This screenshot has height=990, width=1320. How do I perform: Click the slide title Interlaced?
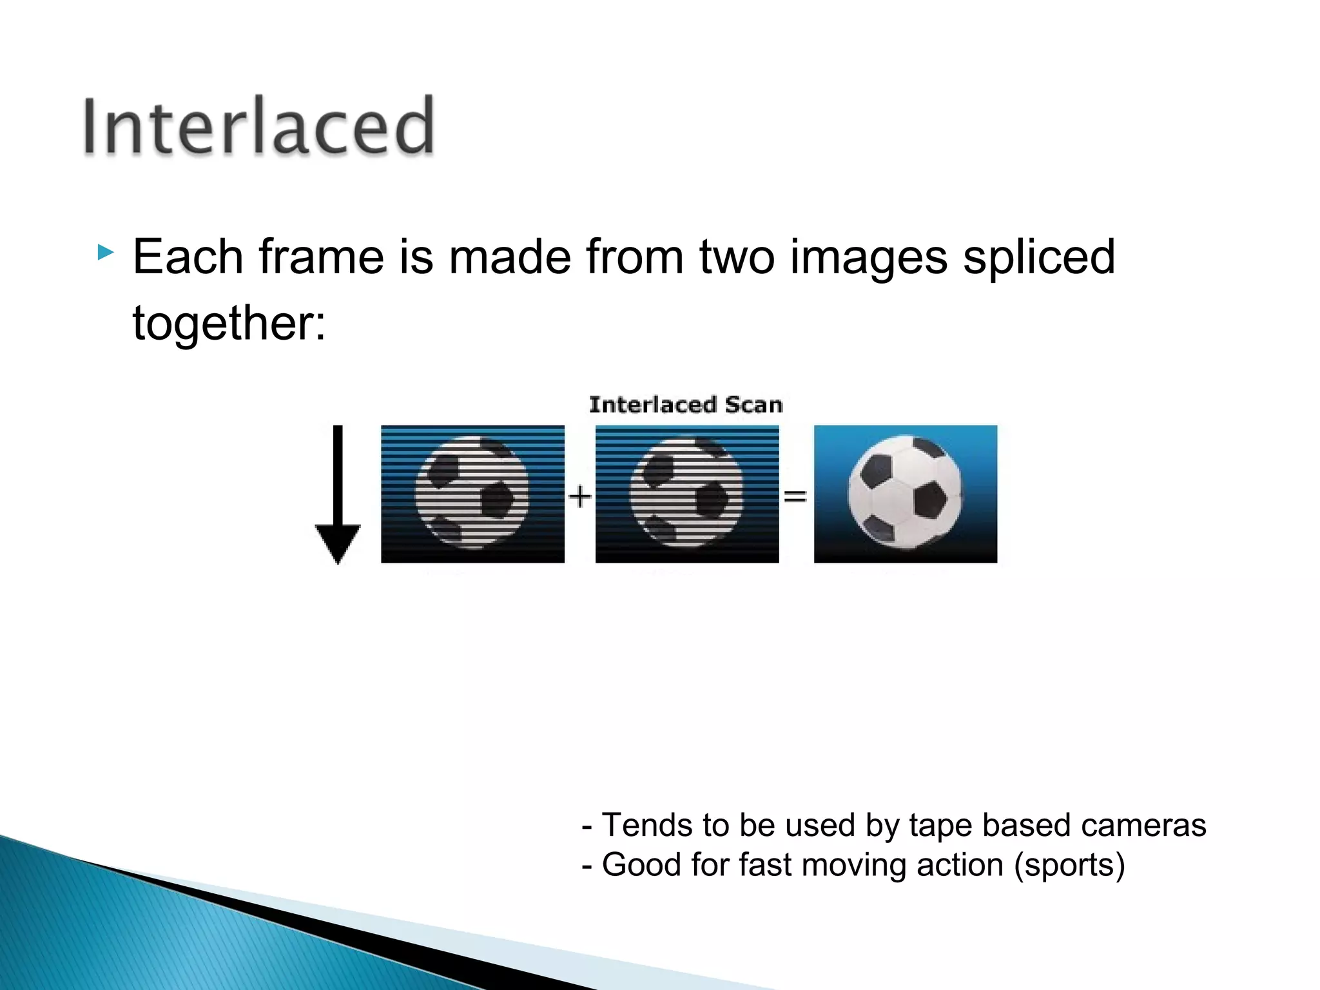pos(258,126)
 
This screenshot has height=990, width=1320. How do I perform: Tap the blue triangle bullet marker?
pos(105,252)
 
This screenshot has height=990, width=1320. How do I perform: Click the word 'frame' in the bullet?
pos(322,257)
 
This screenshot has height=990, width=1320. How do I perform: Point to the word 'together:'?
pos(229,323)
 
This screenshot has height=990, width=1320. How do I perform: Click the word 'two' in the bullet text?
pos(737,257)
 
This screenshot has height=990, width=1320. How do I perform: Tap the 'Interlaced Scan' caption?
pos(686,405)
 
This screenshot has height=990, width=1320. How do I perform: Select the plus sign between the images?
pos(580,496)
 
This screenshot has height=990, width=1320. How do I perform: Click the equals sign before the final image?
pos(795,496)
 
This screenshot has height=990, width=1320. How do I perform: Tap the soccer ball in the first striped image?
pos(472,493)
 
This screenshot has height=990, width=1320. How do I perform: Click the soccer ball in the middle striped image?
pos(686,493)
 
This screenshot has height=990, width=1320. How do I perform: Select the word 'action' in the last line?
pos(960,865)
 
